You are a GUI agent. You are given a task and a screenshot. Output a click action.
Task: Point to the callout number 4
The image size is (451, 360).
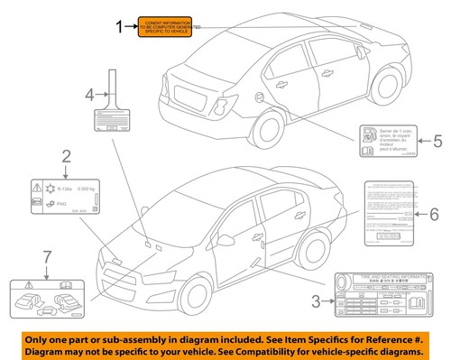(x=89, y=93)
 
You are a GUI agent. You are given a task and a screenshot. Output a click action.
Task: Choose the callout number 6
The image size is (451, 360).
(x=435, y=214)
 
